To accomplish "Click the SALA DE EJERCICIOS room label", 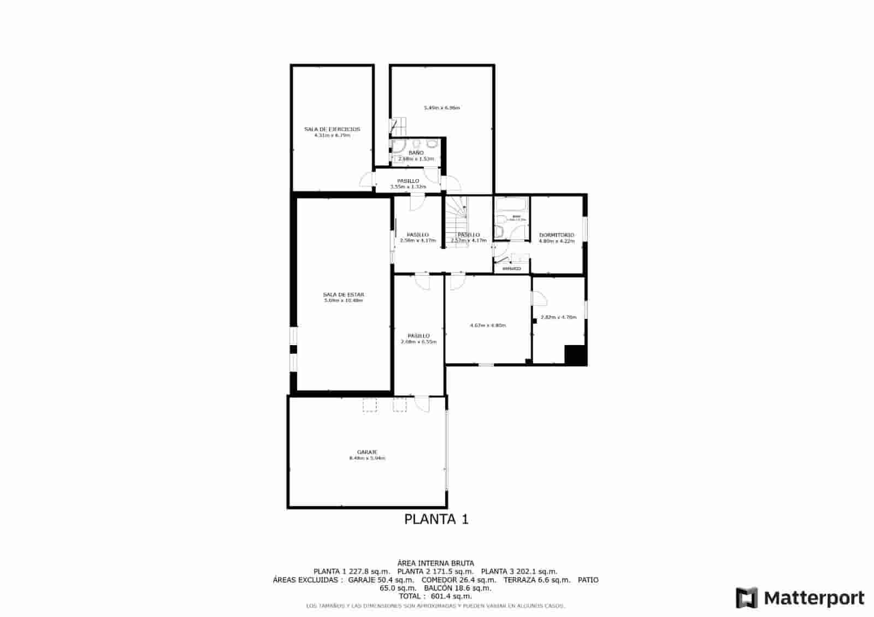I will pyautogui.click(x=332, y=129).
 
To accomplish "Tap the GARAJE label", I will pyautogui.click(x=367, y=452).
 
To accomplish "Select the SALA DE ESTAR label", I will pyautogui.click(x=343, y=295).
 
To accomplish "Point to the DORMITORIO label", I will pyautogui.click(x=557, y=235).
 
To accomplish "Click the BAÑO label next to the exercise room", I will pyautogui.click(x=416, y=153).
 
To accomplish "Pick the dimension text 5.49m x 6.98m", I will pyautogui.click(x=441, y=108).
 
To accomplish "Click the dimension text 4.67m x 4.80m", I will pyautogui.click(x=487, y=325).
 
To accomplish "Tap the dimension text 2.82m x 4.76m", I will pyautogui.click(x=558, y=317).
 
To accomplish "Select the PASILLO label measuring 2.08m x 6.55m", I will pyautogui.click(x=418, y=336).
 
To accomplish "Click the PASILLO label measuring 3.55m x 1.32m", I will pyautogui.click(x=408, y=181).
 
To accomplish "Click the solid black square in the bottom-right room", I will pyautogui.click(x=575, y=355).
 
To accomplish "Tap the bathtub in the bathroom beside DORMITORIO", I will pyautogui.click(x=511, y=206).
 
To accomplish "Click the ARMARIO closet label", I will pyautogui.click(x=511, y=269).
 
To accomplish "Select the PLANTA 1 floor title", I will pyautogui.click(x=436, y=519).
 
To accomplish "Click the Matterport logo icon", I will pyautogui.click(x=747, y=598).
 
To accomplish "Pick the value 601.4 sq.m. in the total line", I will pyautogui.click(x=451, y=597).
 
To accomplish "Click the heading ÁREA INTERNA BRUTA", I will pyautogui.click(x=435, y=563).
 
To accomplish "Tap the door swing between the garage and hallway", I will pyautogui.click(x=422, y=405).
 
